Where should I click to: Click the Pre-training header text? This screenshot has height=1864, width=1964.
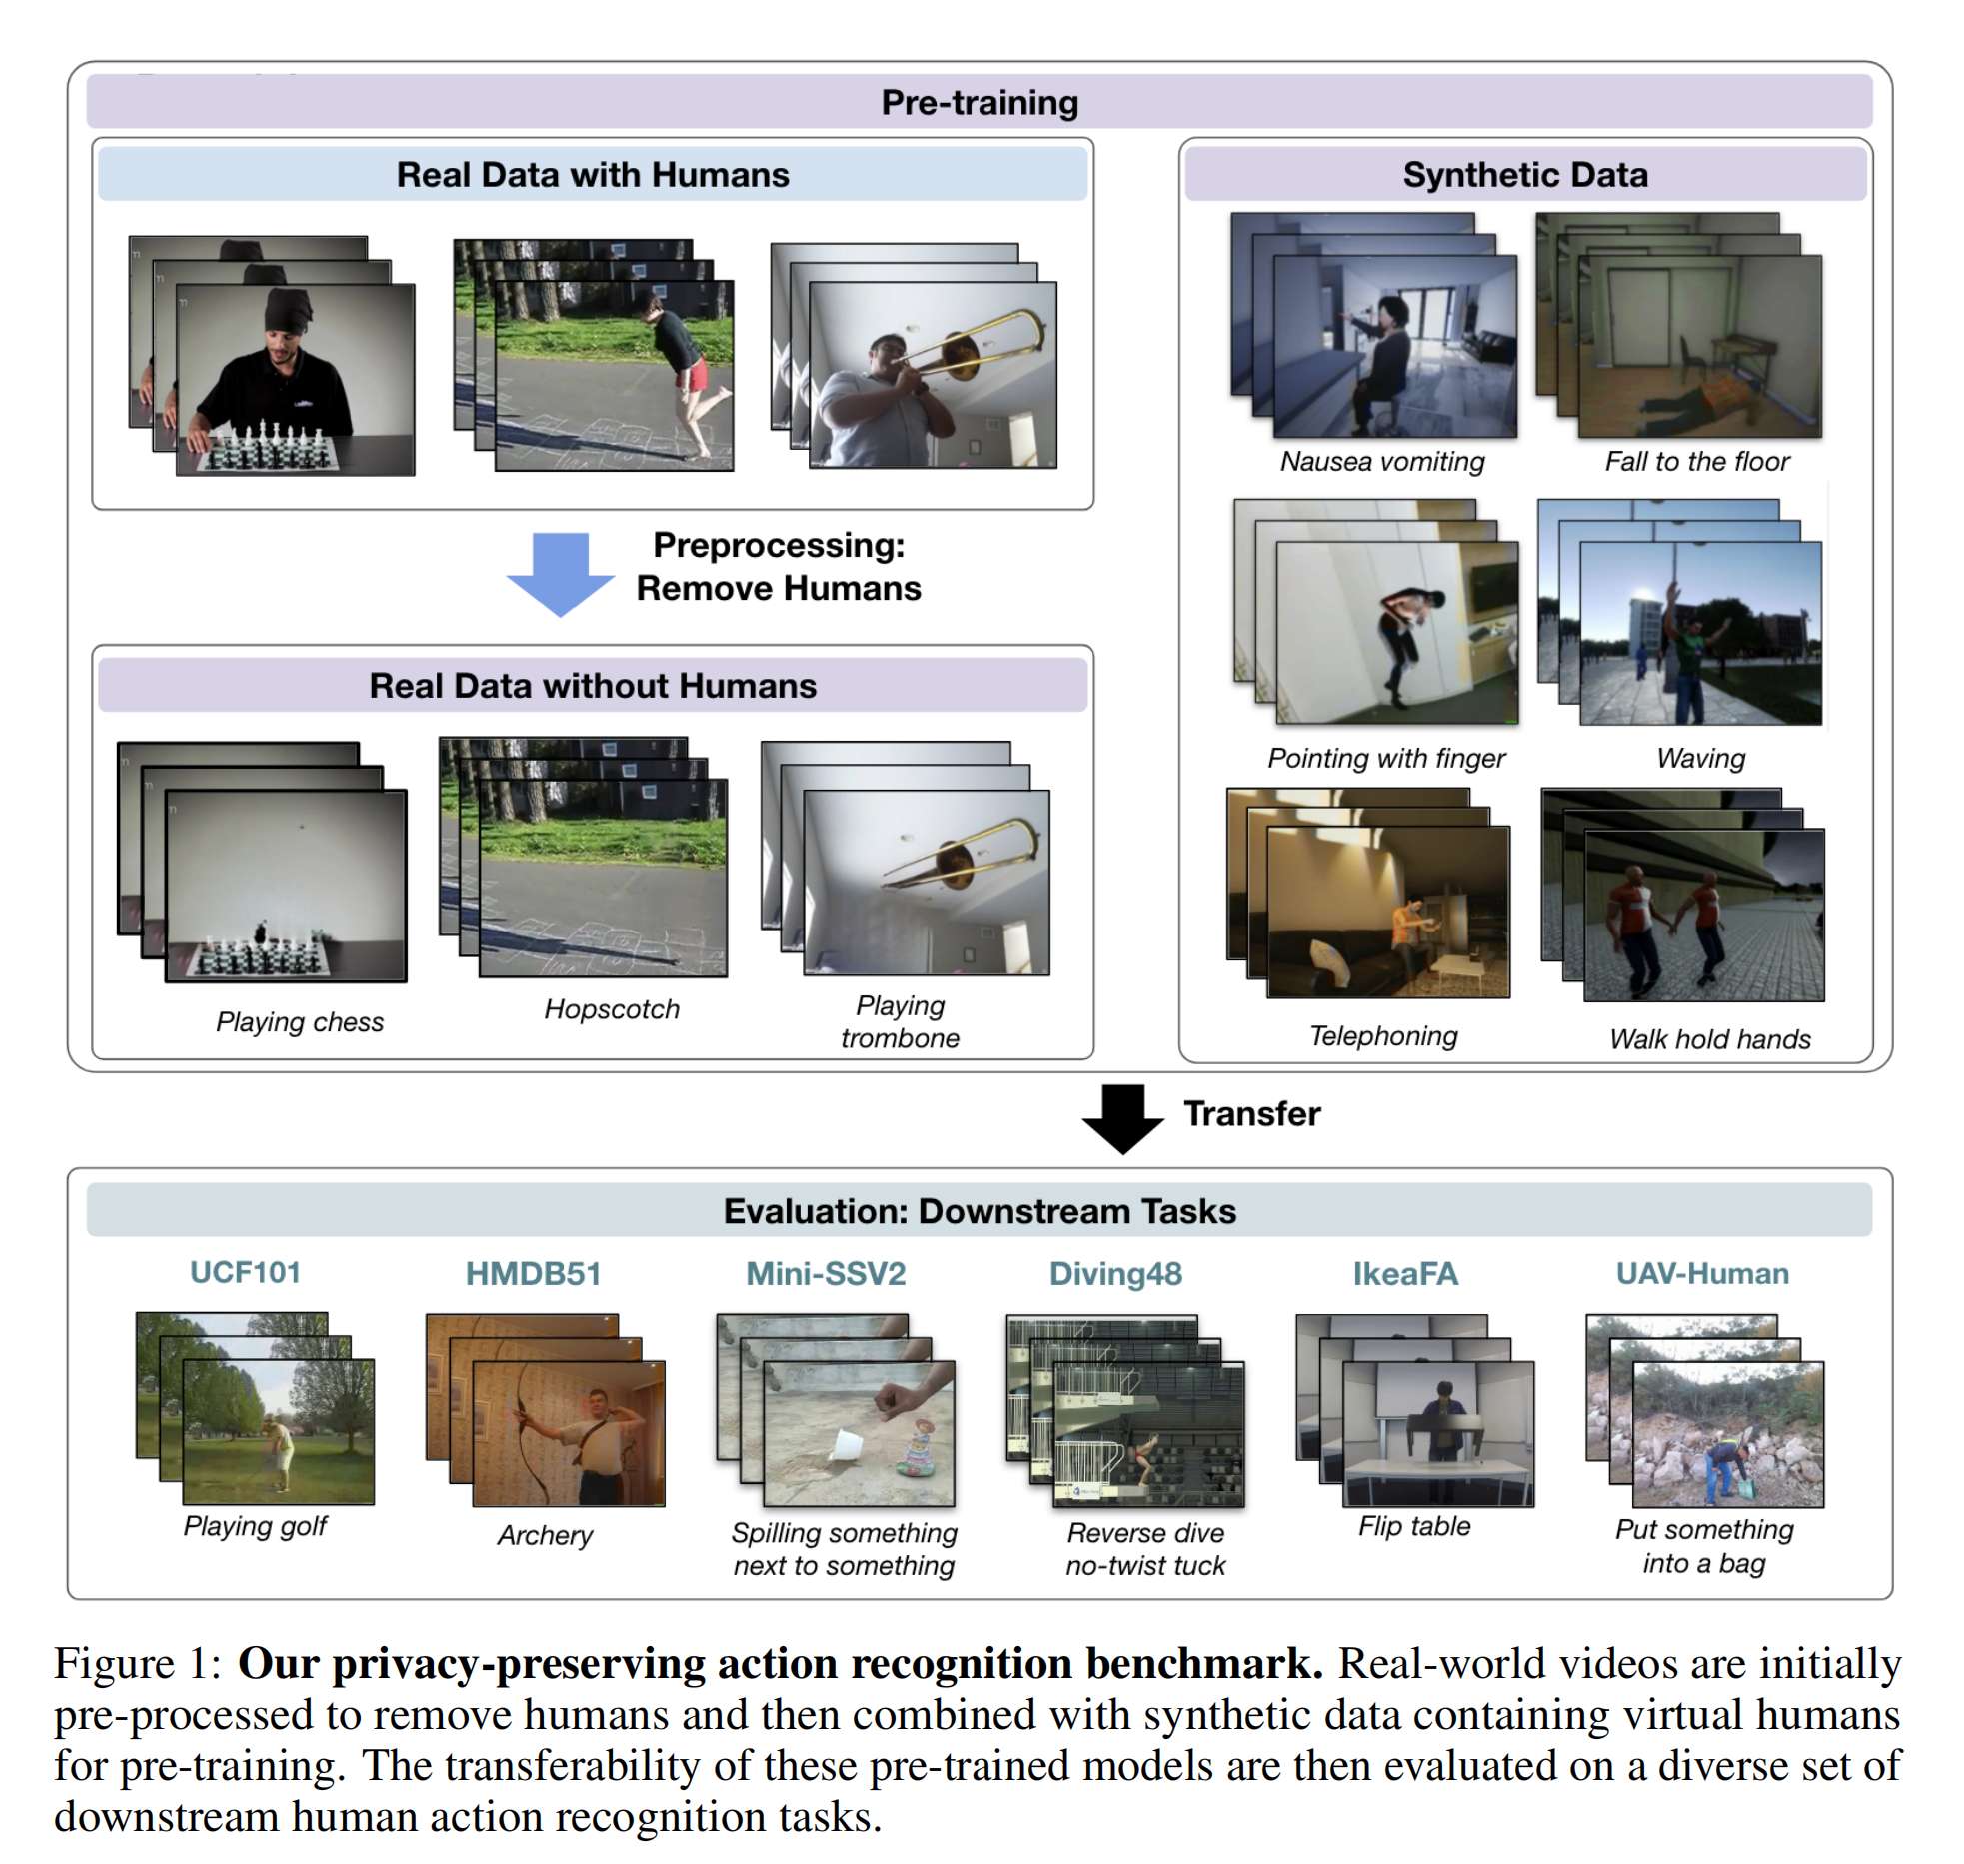(x=979, y=102)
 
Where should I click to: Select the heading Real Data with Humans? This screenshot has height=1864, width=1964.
(x=592, y=175)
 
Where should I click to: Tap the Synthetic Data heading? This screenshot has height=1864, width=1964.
(x=1524, y=175)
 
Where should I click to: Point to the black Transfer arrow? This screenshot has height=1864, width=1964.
(x=1122, y=1117)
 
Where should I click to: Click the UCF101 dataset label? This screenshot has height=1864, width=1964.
(x=245, y=1272)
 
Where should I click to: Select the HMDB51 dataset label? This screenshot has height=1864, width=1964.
(x=533, y=1273)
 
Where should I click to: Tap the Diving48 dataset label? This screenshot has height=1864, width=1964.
(x=1115, y=1273)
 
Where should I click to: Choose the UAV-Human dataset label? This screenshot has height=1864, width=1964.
(x=1701, y=1273)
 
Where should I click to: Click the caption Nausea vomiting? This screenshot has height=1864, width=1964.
(x=1382, y=461)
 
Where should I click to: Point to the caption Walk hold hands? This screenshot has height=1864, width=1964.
(x=1709, y=1039)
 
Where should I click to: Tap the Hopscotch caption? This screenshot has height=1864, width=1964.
(x=611, y=1009)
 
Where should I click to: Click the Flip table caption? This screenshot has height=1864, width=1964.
(x=1413, y=1526)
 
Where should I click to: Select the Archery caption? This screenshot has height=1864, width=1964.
(x=545, y=1534)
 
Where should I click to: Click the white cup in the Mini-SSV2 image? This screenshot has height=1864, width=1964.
(x=847, y=1445)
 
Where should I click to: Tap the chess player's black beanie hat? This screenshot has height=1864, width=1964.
(x=290, y=308)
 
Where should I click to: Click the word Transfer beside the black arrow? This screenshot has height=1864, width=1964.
(x=1251, y=1113)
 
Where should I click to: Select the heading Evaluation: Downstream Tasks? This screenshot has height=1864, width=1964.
(x=979, y=1211)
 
